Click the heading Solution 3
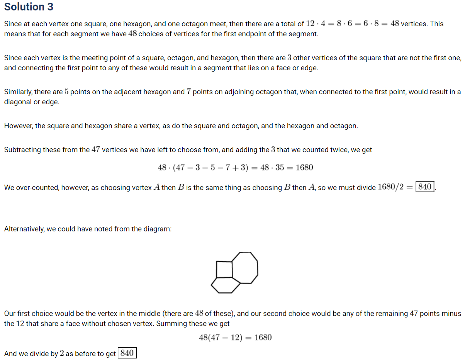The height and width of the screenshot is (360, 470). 29,7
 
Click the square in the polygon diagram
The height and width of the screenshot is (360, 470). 224,269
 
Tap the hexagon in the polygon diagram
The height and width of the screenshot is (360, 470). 226,285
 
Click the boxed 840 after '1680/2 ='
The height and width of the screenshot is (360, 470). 424,187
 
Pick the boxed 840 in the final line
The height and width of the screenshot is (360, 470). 127,353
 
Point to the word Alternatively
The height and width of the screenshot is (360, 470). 24,229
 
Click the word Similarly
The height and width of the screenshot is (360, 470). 18,92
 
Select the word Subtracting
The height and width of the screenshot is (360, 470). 22,149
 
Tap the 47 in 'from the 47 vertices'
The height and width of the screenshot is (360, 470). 96,149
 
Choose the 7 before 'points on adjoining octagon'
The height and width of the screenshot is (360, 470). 189,92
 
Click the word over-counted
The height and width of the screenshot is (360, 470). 33,187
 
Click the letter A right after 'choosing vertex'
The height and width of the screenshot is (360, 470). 156,187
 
